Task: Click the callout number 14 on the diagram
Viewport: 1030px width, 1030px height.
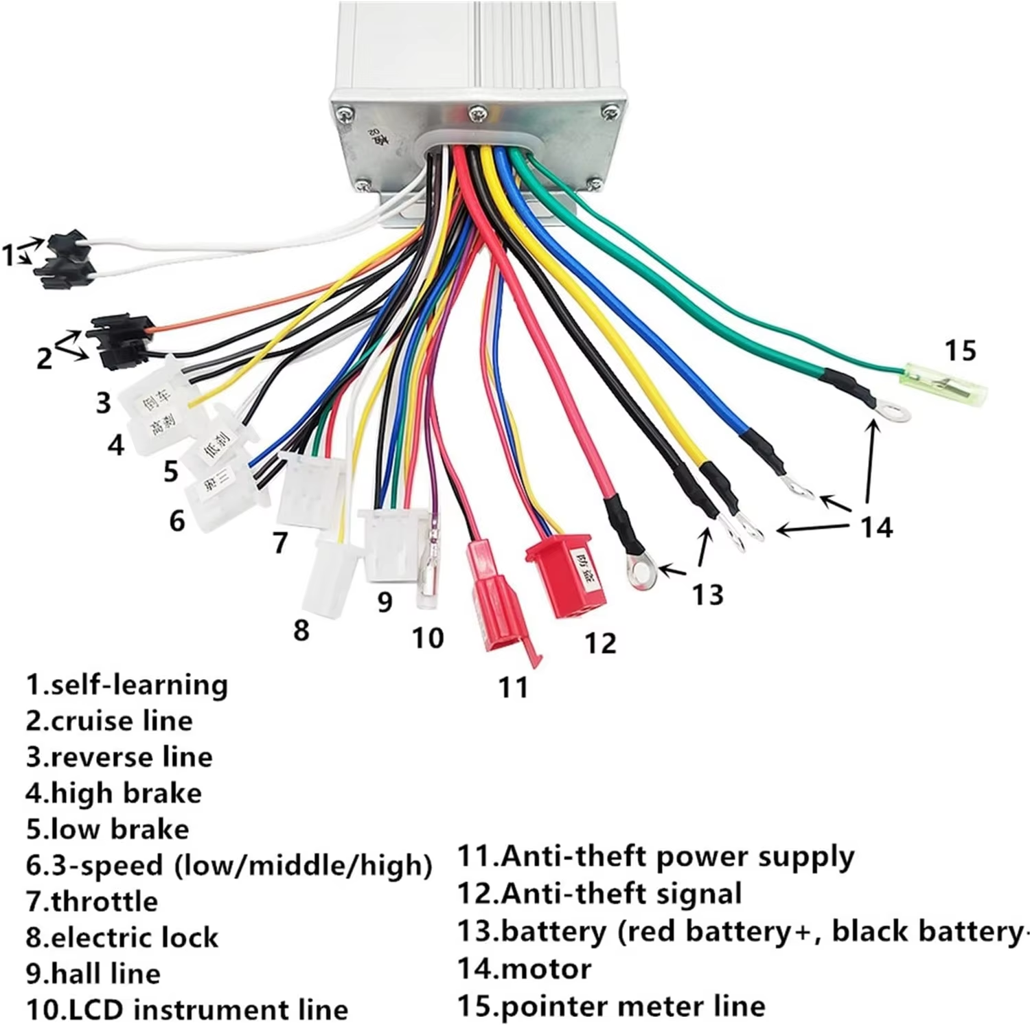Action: (876, 527)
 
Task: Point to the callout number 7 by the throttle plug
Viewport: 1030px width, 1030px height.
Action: (279, 542)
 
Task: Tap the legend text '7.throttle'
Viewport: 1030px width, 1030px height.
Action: (92, 901)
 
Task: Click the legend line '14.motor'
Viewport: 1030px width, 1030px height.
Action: (524, 969)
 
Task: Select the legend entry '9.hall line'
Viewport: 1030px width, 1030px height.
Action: (93, 973)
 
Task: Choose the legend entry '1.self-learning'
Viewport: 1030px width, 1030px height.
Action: (127, 685)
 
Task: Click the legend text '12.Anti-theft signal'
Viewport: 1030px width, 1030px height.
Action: (599, 893)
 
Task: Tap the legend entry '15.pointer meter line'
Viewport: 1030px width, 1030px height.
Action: (611, 1006)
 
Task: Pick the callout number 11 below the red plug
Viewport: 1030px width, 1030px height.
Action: (513, 687)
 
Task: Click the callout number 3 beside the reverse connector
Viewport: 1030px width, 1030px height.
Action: (103, 402)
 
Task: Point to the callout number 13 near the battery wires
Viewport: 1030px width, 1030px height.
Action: (707, 595)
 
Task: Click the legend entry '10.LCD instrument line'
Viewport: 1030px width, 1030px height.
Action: (187, 1009)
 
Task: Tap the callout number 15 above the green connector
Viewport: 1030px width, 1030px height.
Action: (960, 350)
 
